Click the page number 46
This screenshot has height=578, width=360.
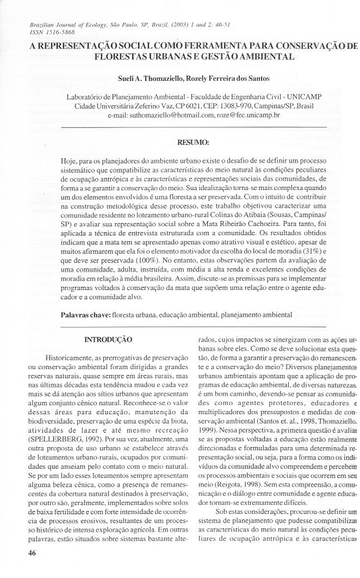tap(25, 556)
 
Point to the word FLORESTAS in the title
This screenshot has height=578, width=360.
tap(120, 56)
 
